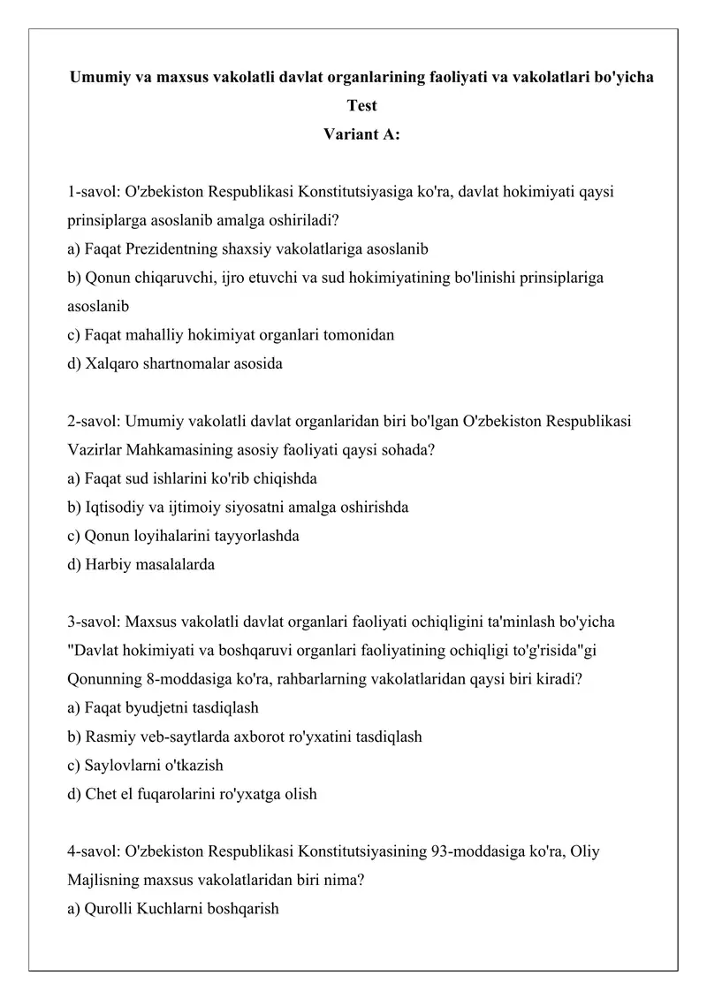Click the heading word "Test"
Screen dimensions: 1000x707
(362, 106)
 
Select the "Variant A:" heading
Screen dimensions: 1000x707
(362, 134)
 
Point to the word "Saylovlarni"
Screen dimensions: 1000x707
(123, 765)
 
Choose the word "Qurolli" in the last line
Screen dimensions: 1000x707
(108, 908)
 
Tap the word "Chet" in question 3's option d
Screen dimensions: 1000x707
(102, 794)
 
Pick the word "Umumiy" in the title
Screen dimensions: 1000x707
(99, 77)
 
